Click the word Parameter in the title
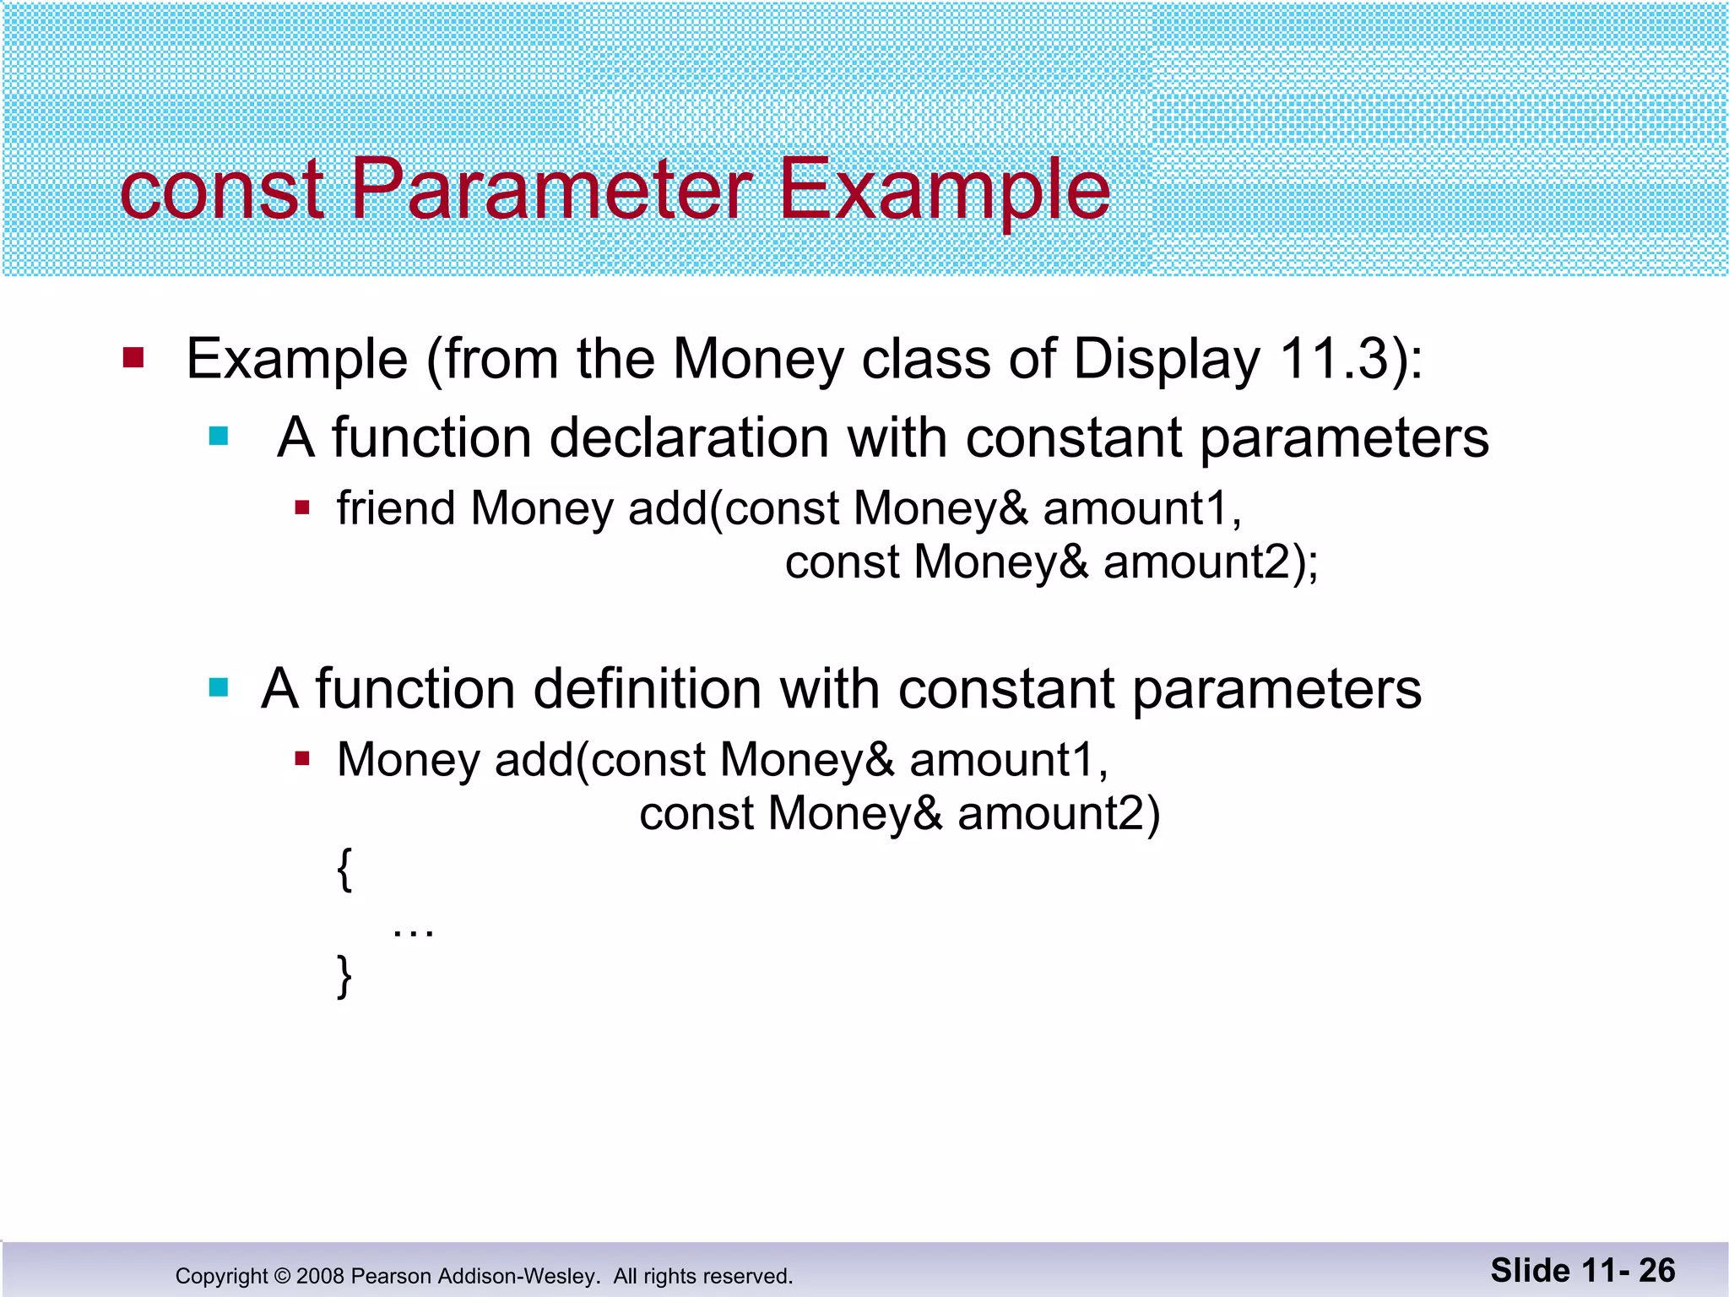550,190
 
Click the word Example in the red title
943,190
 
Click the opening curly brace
344,869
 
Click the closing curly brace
344,976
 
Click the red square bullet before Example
133,358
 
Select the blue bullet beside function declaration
219,437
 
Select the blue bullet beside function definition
219,687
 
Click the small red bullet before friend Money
302,507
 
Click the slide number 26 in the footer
1656,1271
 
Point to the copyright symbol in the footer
282,1276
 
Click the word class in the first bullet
925,359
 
